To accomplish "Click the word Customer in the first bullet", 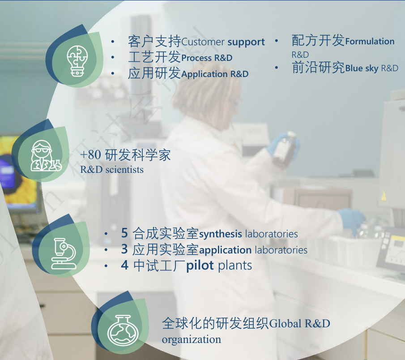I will tap(203, 43).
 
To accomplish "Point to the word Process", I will tap(196, 58).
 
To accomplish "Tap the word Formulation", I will tap(370, 42).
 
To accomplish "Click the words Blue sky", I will tap(362, 69).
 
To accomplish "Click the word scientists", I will tap(125, 170).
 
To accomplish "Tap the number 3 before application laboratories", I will tap(124, 249).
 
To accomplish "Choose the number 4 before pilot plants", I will tap(124, 266).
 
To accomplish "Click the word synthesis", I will tap(220, 234).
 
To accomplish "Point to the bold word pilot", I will tap(200, 266).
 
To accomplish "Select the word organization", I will tap(191, 339).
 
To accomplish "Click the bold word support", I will tap(246, 43).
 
